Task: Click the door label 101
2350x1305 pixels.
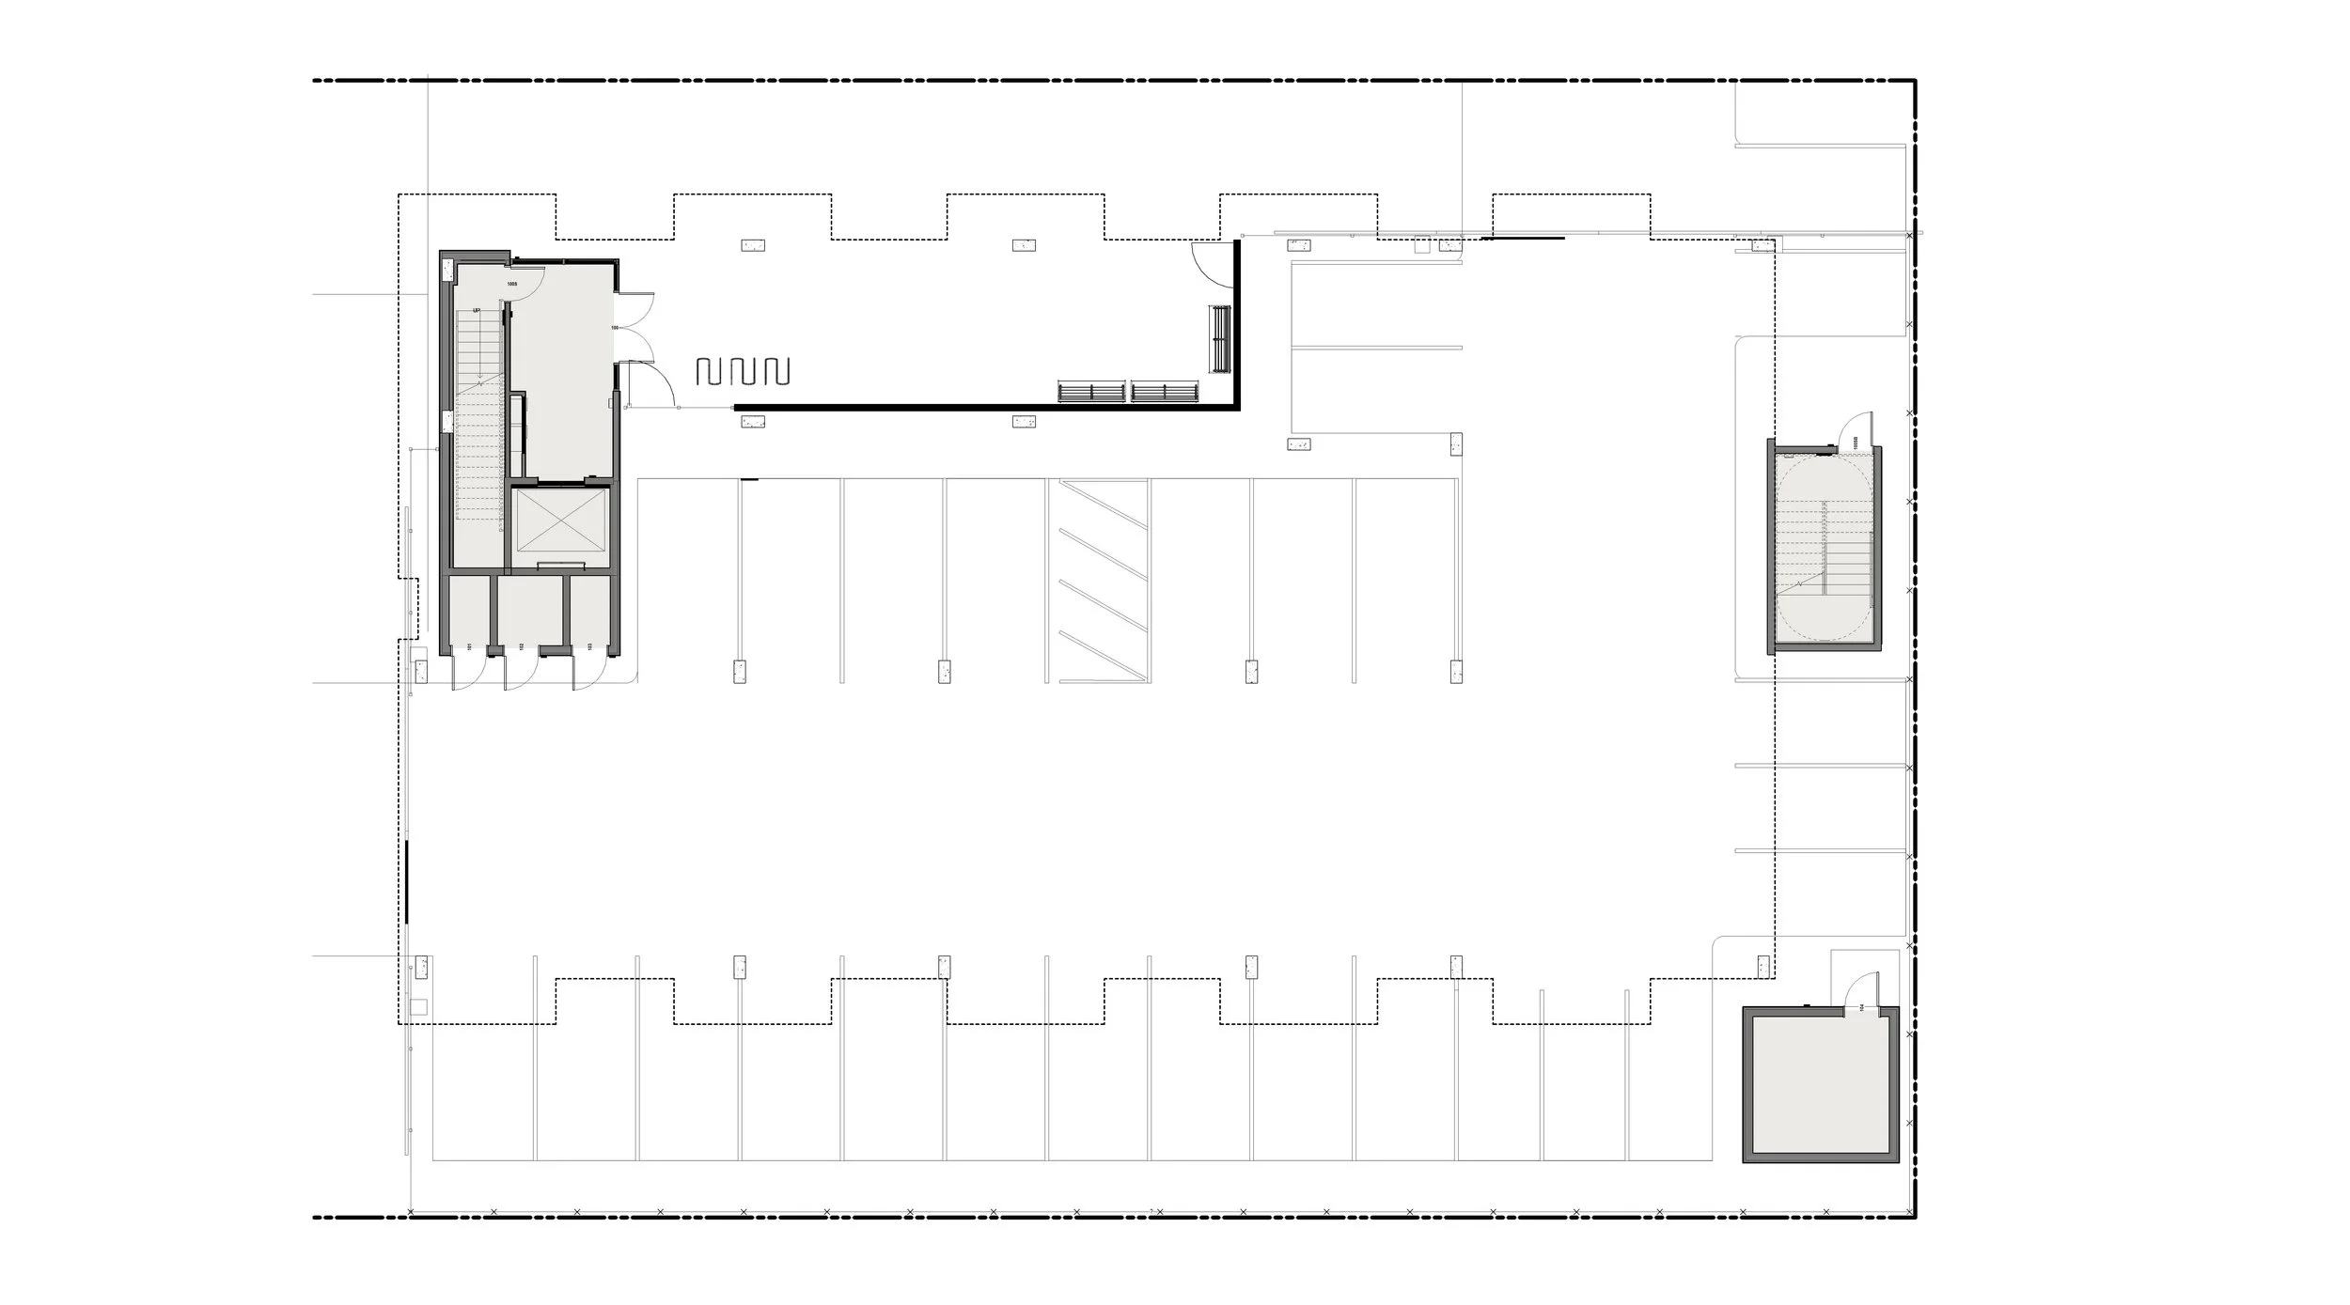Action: click(x=468, y=647)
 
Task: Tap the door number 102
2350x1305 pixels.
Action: click(x=520, y=647)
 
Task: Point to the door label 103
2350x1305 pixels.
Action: click(x=589, y=647)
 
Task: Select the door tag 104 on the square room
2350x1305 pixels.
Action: click(x=1860, y=1008)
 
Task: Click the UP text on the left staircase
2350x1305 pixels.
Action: click(x=478, y=310)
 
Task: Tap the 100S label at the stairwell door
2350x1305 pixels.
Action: click(x=512, y=283)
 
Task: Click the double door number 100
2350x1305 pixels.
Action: click(x=614, y=328)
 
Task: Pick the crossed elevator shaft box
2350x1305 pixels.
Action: click(x=557, y=521)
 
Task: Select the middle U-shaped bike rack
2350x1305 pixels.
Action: click(x=742, y=371)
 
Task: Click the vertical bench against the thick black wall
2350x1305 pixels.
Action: click(x=1220, y=340)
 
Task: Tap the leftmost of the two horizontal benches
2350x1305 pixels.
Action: click(x=1091, y=392)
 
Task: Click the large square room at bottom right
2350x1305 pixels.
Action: click(x=1820, y=1085)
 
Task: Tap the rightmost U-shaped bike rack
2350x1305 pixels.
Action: click(x=776, y=371)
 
